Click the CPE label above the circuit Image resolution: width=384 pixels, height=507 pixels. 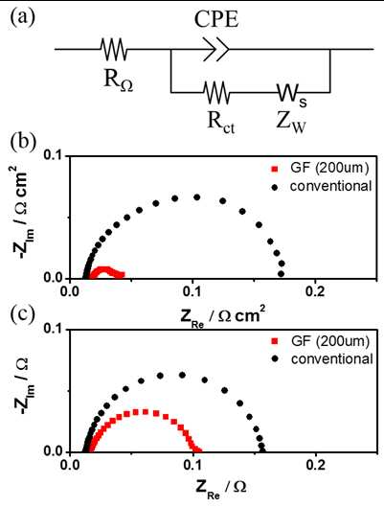coord(216,20)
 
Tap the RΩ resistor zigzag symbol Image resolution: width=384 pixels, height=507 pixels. coord(114,50)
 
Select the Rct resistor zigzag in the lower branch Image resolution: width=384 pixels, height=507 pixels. coord(216,92)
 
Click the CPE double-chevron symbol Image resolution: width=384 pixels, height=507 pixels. coord(215,50)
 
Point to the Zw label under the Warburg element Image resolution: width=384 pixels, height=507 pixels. coord(290,124)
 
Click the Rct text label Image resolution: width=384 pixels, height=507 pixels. coord(221,124)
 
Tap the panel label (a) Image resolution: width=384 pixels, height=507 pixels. coord(23,18)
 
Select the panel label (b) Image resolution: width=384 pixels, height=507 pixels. coord(23,142)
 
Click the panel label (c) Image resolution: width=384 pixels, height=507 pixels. coord(22,314)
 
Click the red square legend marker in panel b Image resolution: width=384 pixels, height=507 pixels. coord(275,169)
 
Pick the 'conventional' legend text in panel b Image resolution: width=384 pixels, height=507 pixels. coord(331,186)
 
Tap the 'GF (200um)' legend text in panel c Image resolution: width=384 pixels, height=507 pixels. coord(330,341)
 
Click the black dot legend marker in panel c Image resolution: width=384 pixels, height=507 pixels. coord(275,358)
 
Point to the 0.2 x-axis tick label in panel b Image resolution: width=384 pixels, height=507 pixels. coord(315,291)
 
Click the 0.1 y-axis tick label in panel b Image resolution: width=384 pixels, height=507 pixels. coord(55,156)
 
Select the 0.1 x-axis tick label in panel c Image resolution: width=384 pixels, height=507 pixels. coord(192,465)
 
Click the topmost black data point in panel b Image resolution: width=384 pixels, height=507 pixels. coord(196,197)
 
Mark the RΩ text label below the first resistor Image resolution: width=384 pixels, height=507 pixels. coord(118,81)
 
